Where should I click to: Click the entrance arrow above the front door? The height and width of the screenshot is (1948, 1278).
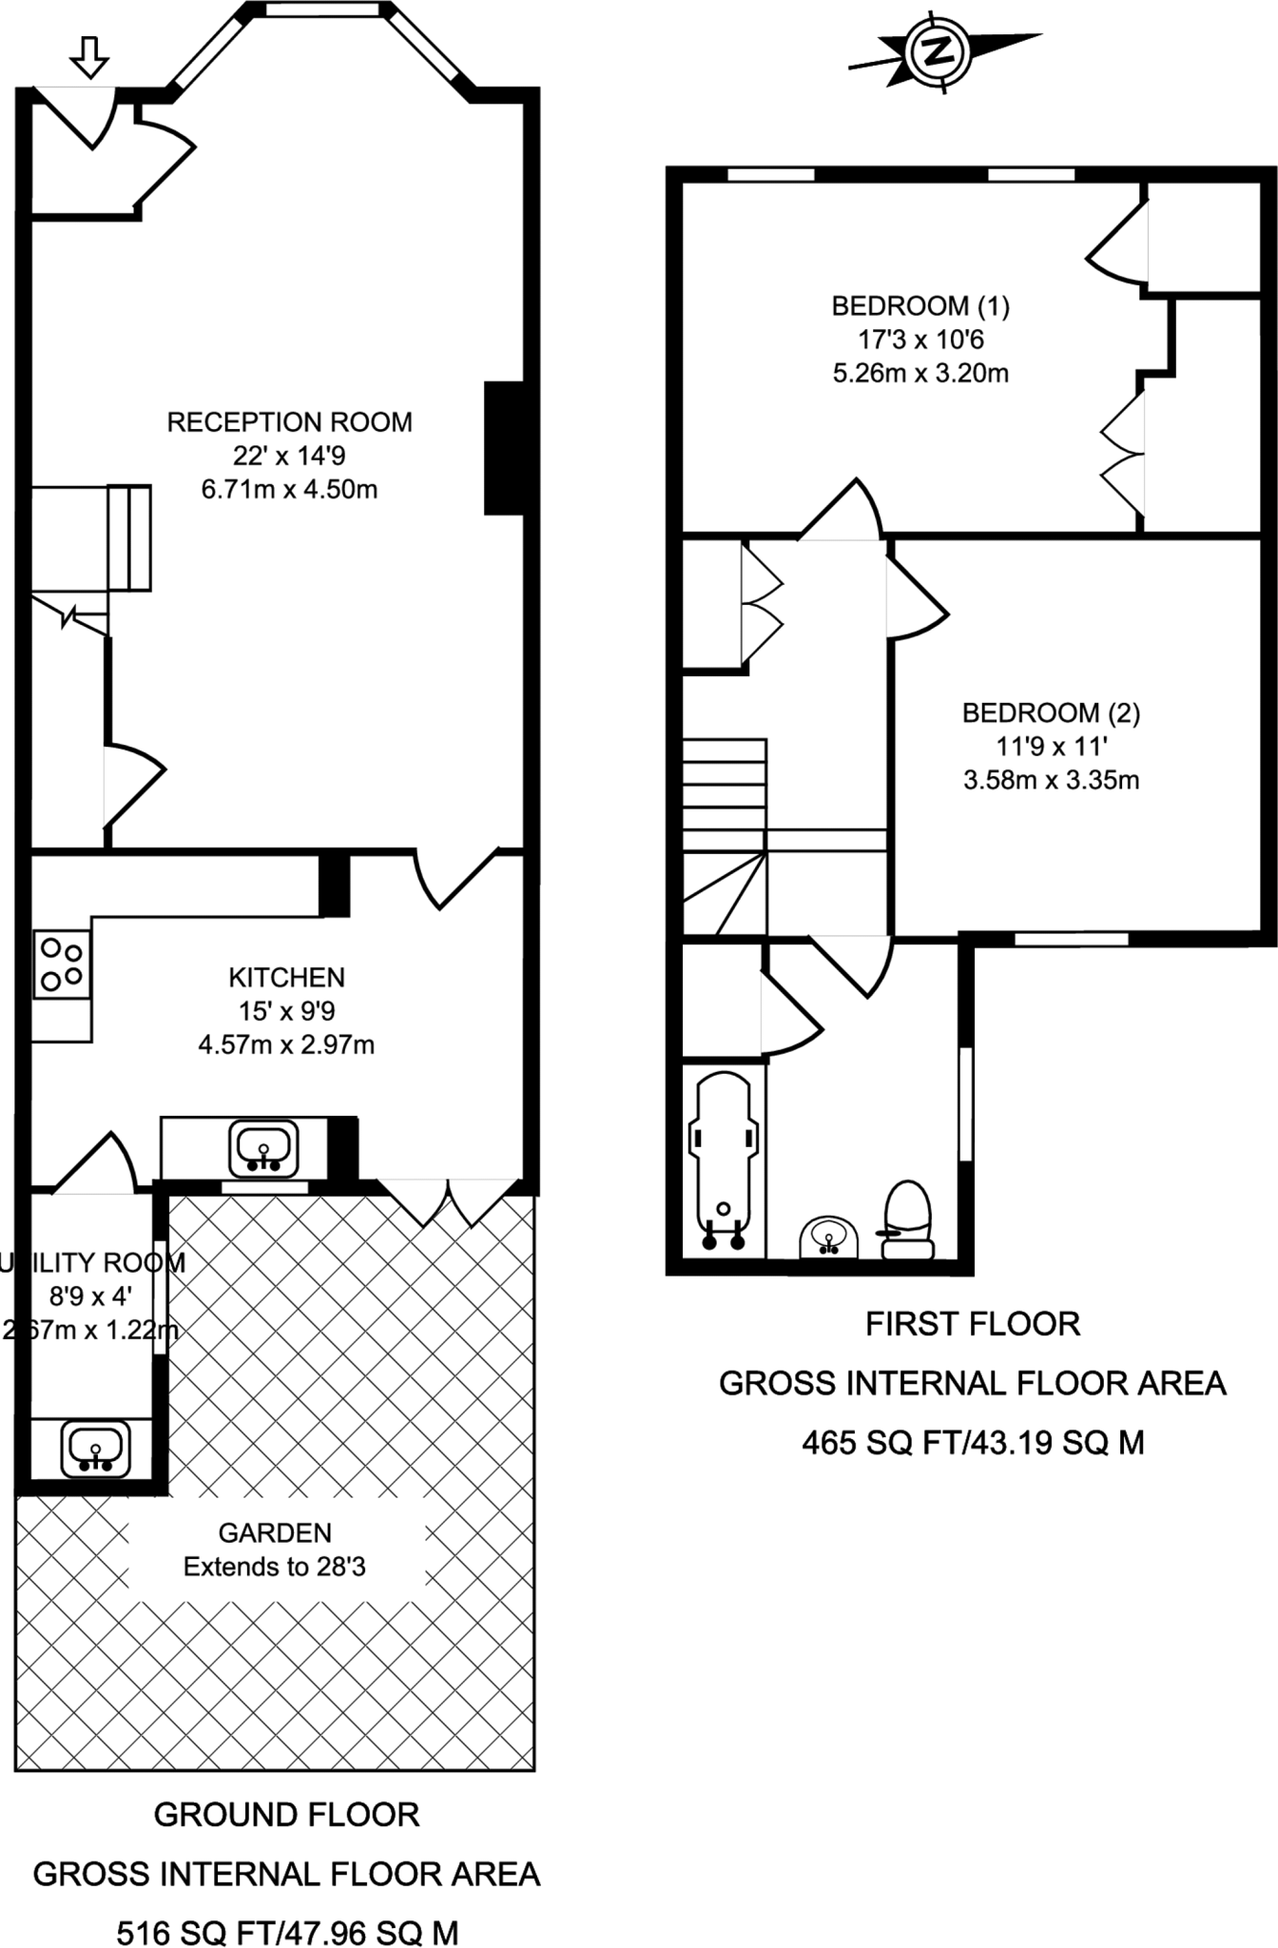click(90, 56)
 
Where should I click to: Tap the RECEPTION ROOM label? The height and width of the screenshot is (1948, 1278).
click(289, 422)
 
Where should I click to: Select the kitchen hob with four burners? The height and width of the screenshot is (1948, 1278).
click(63, 964)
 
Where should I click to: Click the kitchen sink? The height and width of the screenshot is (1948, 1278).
click(262, 1148)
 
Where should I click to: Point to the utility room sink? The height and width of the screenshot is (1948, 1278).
click(94, 1450)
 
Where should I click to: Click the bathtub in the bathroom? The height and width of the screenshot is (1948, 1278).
click(724, 1160)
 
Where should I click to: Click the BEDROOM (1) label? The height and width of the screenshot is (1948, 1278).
click(920, 306)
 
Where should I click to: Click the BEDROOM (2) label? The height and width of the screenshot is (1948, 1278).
click(1051, 712)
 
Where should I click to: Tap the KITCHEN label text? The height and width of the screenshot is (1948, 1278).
click(286, 977)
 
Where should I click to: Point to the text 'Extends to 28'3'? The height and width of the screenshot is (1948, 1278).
click(274, 1567)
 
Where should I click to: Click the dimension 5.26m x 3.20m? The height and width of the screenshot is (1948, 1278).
click(920, 373)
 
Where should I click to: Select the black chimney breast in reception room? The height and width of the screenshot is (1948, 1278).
click(504, 448)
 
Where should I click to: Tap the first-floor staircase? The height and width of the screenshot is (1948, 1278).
click(725, 837)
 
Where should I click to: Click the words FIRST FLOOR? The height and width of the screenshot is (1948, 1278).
click(972, 1324)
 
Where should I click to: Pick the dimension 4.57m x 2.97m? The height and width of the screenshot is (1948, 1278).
click(286, 1044)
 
